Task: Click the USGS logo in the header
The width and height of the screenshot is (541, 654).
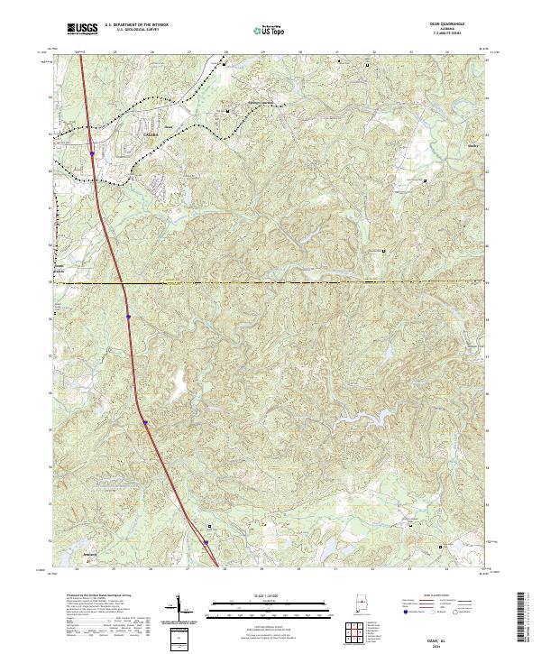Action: pos(83,29)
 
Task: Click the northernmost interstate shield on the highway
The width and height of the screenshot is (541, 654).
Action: pos(92,154)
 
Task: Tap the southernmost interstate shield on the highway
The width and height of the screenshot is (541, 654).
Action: pos(206,542)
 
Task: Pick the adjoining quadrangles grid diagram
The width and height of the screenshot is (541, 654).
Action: pos(356,635)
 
